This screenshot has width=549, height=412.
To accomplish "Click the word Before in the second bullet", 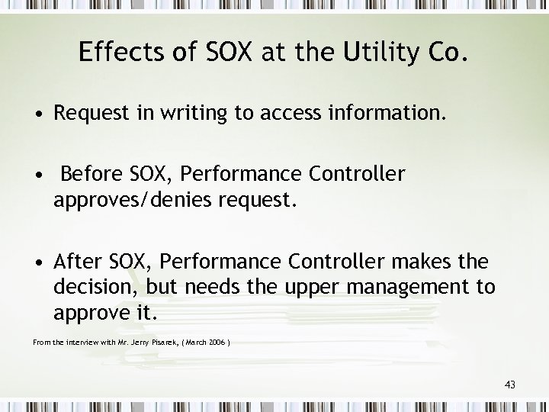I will (x=92, y=175).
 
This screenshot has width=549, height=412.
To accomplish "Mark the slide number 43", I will (x=509, y=385).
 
